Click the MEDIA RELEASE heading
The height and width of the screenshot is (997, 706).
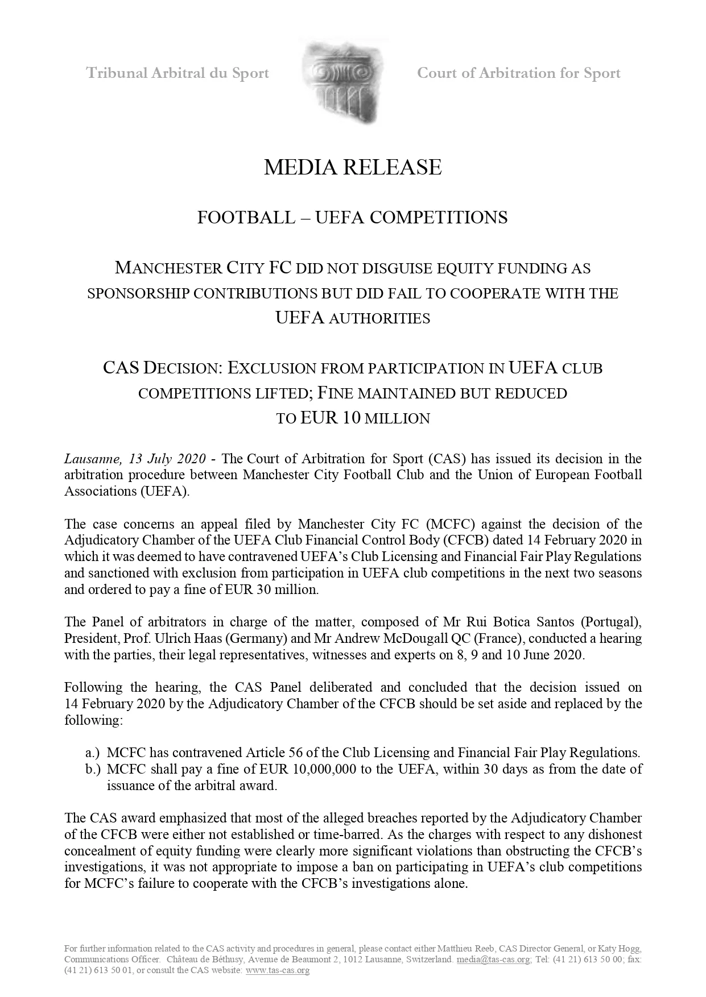353,167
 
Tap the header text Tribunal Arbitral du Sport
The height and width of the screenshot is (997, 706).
177,73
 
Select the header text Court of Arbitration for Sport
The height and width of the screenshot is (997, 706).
518,73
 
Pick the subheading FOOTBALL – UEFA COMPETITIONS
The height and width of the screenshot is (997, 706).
352,218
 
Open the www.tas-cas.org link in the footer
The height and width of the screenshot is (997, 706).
277,970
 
